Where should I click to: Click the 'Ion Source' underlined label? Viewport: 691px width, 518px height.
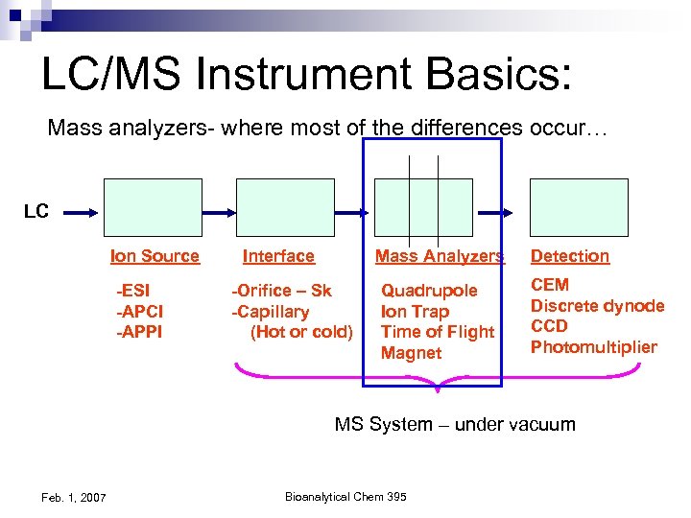155,256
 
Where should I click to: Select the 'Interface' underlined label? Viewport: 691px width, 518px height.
278,256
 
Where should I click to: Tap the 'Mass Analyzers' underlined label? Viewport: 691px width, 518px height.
439,256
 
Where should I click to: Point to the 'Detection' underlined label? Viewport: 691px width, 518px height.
570,256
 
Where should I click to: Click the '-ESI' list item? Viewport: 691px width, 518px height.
133,291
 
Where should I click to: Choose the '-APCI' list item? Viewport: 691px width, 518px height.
139,312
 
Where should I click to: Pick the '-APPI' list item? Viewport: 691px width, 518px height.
139,332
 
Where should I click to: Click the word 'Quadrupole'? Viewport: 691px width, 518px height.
429,291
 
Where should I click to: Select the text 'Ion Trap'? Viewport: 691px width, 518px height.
415,312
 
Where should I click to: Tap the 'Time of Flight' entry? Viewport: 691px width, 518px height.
438,332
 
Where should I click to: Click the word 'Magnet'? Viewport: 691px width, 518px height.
411,353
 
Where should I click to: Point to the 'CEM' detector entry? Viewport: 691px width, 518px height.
550,285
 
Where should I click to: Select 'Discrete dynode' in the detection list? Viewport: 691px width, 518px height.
597,306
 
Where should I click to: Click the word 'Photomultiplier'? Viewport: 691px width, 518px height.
594,347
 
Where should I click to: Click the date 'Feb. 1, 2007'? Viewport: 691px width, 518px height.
75,497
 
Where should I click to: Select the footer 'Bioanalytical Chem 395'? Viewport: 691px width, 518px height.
345,496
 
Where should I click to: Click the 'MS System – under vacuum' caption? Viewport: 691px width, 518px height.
455,424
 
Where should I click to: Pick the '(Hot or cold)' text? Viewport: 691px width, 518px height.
301,332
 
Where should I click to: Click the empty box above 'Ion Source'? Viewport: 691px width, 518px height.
154,207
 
